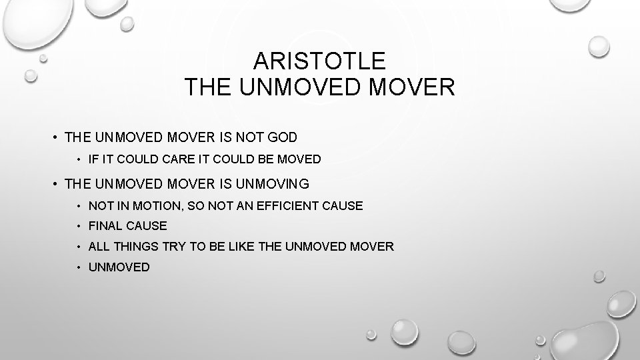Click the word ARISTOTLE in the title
click(x=319, y=62)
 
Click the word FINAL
click(x=105, y=227)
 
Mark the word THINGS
click(x=136, y=247)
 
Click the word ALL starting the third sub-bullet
click(x=99, y=247)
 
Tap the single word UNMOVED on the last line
click(x=119, y=267)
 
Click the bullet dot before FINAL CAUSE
click(x=79, y=227)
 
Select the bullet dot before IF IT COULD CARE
click(x=79, y=160)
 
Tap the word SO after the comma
click(x=195, y=206)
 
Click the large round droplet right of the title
click(x=598, y=47)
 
